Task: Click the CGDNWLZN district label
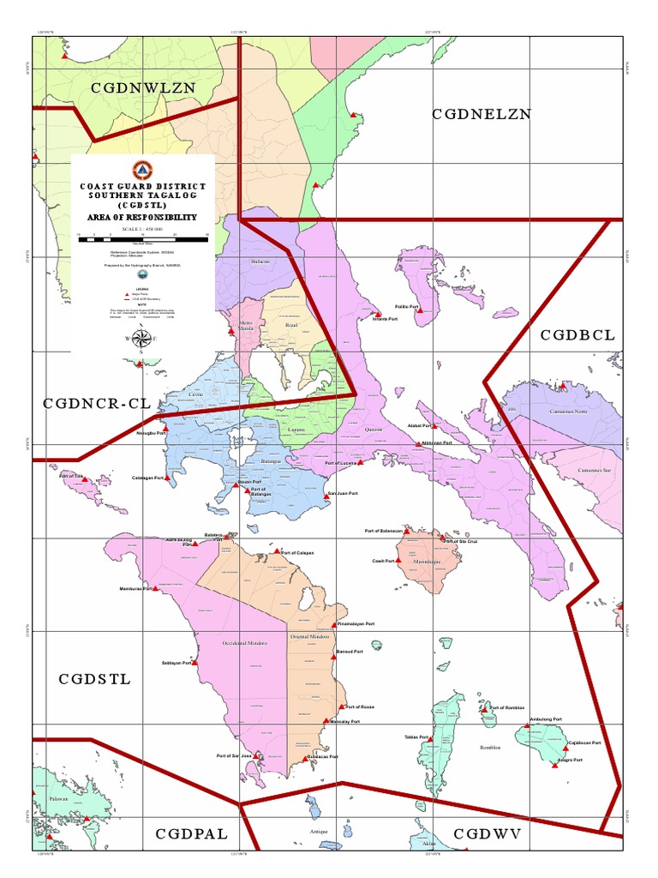click(x=144, y=87)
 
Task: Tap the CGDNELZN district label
click(x=482, y=113)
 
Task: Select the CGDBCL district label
click(x=577, y=335)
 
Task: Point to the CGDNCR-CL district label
click(x=97, y=403)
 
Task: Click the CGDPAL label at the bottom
click(x=191, y=833)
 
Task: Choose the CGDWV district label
click(x=488, y=833)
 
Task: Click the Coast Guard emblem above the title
click(x=142, y=169)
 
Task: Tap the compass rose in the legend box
click(x=141, y=339)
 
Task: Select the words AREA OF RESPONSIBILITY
click(x=142, y=218)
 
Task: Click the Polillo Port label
click(x=406, y=306)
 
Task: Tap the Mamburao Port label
click(x=135, y=589)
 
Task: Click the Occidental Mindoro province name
click(x=245, y=642)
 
